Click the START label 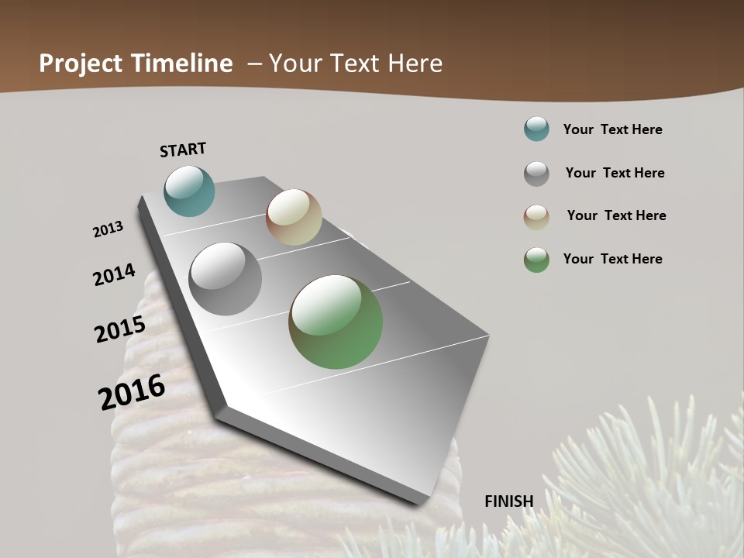click(183, 150)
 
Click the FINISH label click(509, 501)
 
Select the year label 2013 click(108, 229)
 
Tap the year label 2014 click(114, 274)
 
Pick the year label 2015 click(120, 329)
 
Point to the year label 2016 click(132, 391)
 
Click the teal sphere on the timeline click(189, 191)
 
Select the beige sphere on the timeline click(294, 217)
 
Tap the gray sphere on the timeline click(226, 279)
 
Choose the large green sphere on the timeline click(336, 322)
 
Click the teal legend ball click(536, 129)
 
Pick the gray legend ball click(536, 173)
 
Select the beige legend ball click(536, 216)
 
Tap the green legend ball click(536, 260)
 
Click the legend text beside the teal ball click(612, 129)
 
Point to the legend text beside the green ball click(612, 259)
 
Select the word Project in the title click(81, 64)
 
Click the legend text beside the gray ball click(615, 173)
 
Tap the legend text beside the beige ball click(616, 215)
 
